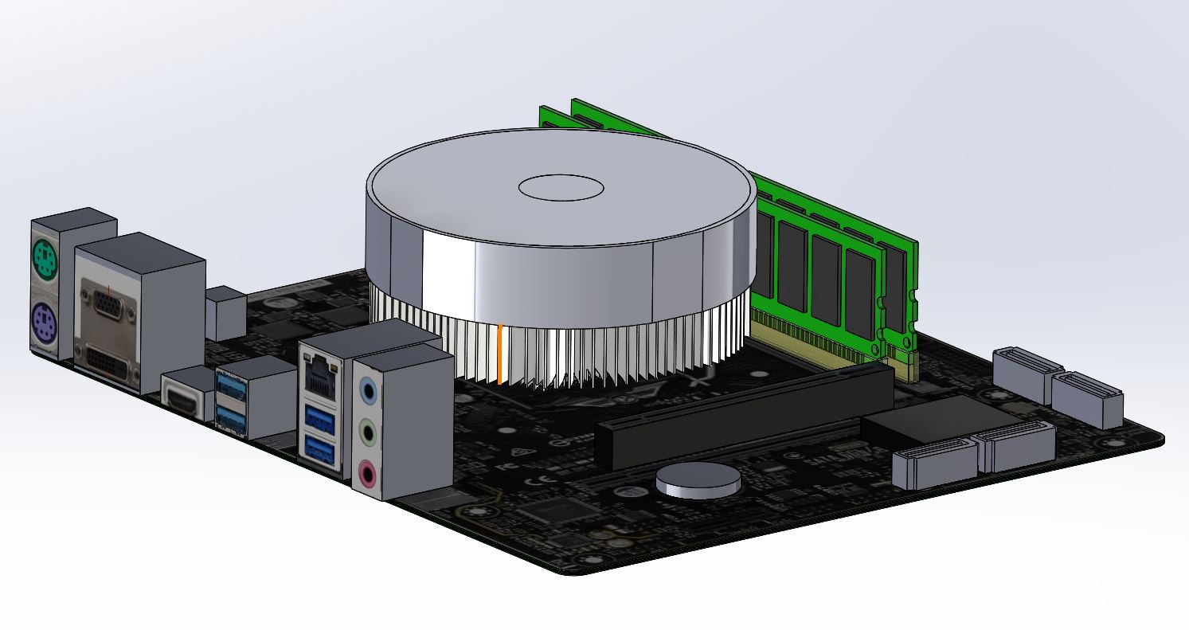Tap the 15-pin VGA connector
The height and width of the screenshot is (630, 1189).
coord(108,306)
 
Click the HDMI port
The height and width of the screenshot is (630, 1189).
coord(182,397)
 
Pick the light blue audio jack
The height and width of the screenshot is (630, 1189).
coord(367,391)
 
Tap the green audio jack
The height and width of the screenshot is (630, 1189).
coord(367,433)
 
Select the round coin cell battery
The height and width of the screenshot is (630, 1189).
coord(698,479)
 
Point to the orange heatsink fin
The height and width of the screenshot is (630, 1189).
coord(499,354)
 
